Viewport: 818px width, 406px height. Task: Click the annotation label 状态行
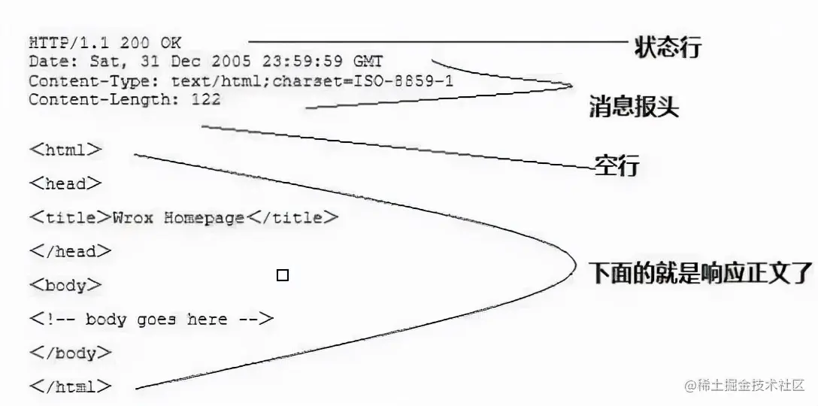667,47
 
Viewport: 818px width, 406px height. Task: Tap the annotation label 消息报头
633,108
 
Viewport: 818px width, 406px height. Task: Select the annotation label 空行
617,165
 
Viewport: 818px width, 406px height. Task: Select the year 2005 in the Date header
230,62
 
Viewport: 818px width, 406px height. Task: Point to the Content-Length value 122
205,99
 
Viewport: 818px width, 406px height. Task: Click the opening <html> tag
65,150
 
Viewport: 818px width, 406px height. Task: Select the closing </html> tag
71,388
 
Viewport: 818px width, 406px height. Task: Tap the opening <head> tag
65,183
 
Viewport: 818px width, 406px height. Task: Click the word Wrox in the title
133,218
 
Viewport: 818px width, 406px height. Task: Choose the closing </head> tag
71,252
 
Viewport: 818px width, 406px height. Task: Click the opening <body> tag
65,286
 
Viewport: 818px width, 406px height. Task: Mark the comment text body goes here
156,320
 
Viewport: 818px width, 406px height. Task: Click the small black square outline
283,276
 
